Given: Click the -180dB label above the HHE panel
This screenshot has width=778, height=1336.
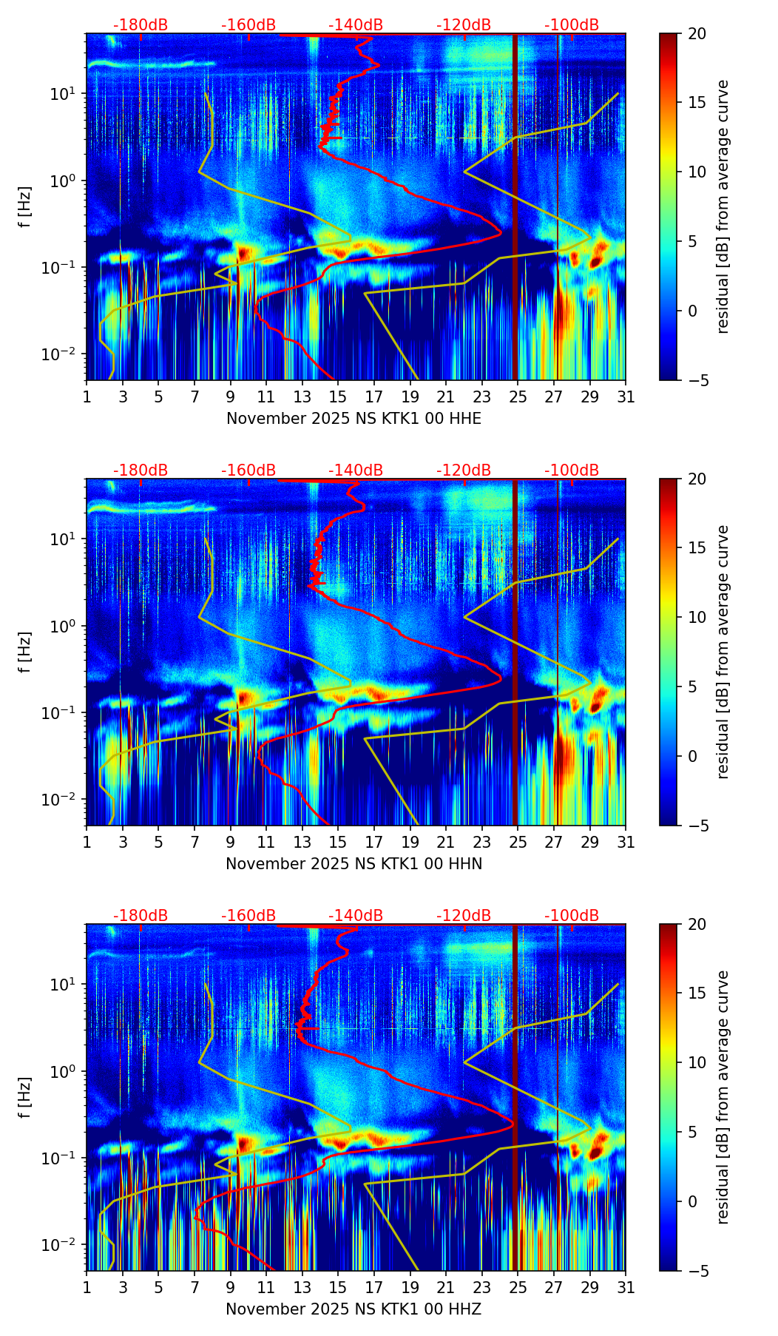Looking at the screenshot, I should tap(141, 25).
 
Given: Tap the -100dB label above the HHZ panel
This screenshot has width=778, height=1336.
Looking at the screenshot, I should tap(572, 916).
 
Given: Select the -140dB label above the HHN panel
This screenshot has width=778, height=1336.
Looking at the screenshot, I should tap(356, 470).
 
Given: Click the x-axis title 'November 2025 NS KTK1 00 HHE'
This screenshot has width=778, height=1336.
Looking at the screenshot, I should tap(354, 419).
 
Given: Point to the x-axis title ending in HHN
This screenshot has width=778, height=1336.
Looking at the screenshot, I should tap(354, 864).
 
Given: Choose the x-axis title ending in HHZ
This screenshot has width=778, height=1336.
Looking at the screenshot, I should tap(354, 1309).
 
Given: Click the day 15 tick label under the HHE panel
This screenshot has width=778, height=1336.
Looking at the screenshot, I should tap(338, 397).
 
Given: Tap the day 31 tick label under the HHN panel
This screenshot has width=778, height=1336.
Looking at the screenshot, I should tap(626, 842).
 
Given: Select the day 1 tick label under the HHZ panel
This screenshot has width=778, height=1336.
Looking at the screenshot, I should tap(87, 1287).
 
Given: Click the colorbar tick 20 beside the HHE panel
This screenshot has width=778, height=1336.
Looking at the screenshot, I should tap(697, 34).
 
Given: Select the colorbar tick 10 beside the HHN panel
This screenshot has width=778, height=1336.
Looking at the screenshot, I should tap(697, 617).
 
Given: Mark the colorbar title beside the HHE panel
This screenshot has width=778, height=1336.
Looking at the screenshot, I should tap(723, 206).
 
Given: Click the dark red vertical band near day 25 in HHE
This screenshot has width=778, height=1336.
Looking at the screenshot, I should tap(515, 207).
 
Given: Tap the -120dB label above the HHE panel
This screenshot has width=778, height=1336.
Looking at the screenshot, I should tap(464, 25).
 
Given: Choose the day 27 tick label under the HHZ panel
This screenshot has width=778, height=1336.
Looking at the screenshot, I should tap(554, 1287).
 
